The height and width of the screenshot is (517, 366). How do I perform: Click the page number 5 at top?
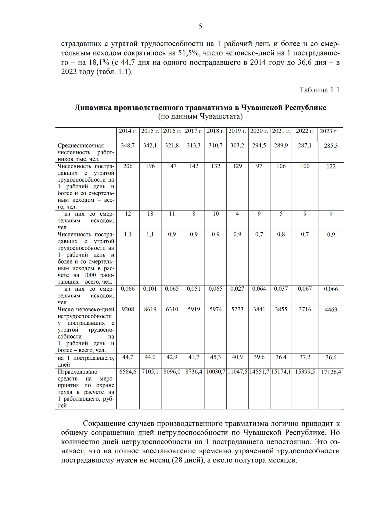(200, 26)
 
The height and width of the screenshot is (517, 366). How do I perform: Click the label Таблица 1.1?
(319, 90)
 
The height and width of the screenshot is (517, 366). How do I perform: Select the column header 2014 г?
(127, 131)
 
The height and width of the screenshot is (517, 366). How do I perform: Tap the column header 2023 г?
(328, 131)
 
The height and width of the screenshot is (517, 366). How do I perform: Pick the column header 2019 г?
(237, 131)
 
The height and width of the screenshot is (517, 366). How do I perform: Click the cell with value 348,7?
(127, 146)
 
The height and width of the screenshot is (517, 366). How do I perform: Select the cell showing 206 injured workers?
(127, 166)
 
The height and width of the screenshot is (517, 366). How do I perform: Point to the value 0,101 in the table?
(150, 289)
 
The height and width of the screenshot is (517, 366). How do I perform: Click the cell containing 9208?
(127, 309)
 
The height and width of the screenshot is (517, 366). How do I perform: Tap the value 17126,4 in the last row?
(331, 372)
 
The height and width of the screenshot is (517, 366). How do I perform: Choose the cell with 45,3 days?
(216, 357)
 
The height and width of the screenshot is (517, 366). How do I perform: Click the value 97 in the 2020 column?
(259, 166)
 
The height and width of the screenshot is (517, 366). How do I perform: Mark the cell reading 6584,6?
(127, 372)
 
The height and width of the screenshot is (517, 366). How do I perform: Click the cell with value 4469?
(331, 310)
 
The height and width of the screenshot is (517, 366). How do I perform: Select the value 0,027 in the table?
(237, 289)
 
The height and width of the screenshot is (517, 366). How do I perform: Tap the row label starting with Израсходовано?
(77, 372)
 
